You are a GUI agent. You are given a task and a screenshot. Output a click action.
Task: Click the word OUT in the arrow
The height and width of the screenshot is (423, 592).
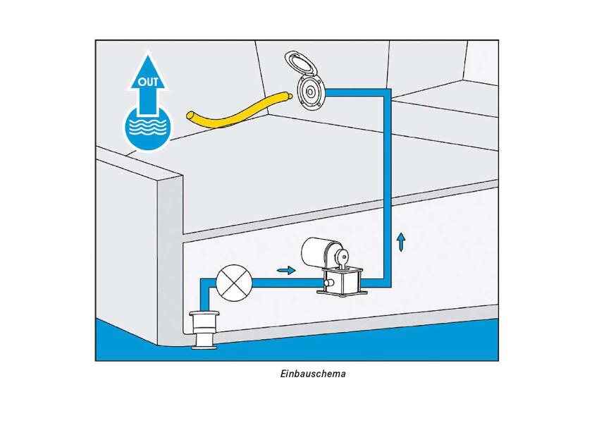(x=147, y=82)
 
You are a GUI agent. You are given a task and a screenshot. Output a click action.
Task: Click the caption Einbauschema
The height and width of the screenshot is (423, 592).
(x=313, y=374)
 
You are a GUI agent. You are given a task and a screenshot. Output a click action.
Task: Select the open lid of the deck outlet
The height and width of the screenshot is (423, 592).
(x=301, y=63)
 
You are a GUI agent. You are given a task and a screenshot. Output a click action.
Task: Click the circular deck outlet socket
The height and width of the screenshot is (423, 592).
(x=310, y=92)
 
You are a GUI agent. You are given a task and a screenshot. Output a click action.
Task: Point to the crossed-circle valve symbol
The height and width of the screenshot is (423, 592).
(x=234, y=283)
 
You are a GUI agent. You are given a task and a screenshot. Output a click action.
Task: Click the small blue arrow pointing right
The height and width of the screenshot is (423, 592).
(x=286, y=270)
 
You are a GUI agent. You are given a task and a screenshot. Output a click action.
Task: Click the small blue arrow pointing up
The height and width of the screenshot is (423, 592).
(x=401, y=242)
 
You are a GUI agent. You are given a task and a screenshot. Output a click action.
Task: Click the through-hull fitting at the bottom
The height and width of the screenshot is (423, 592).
(x=204, y=330)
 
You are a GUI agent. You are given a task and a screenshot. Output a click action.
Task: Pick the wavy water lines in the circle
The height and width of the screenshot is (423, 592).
(x=147, y=126)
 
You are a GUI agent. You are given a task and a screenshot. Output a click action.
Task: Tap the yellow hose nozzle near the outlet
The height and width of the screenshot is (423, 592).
(x=289, y=96)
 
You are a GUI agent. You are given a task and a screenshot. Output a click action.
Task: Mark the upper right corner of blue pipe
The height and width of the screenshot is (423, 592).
(x=388, y=92)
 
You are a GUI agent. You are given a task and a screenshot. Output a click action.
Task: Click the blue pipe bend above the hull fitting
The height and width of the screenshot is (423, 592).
(x=204, y=283)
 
